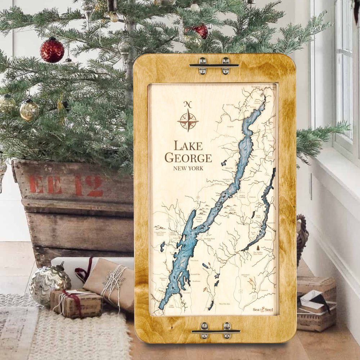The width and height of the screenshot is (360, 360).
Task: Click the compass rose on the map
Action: pos(188,120)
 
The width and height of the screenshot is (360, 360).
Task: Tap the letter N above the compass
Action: pos(188,104)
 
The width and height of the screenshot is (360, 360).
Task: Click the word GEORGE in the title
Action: pos(188,158)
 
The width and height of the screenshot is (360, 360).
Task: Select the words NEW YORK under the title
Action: pos(188,168)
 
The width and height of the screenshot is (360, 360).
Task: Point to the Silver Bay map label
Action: pos(229,168)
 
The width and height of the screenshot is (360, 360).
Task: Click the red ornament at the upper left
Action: pos(52,50)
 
